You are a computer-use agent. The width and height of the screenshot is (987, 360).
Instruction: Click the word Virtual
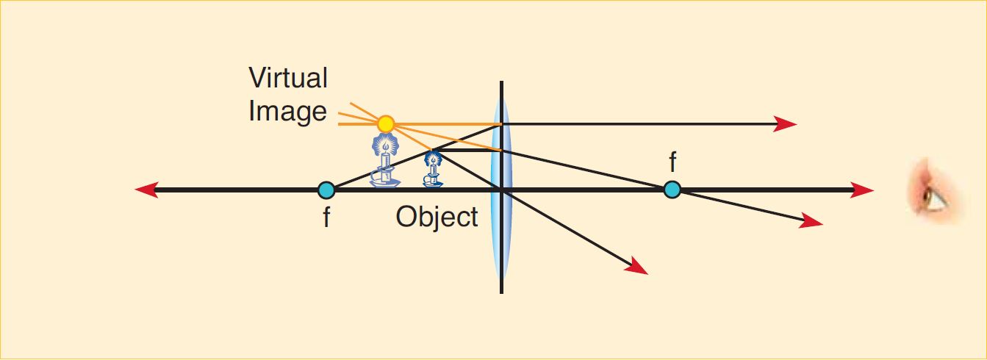(288, 78)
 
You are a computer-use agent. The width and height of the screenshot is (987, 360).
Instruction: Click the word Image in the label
(287, 112)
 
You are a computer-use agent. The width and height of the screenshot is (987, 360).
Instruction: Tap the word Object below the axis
(437, 217)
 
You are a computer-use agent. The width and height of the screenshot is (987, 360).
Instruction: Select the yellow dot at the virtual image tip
(385, 123)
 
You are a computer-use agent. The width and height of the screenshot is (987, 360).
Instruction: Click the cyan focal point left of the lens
(326, 190)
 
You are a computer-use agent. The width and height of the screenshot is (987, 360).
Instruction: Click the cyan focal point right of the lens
(671, 190)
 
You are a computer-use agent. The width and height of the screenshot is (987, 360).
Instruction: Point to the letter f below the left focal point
(326, 217)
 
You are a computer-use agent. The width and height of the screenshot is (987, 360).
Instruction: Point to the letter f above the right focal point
(672, 162)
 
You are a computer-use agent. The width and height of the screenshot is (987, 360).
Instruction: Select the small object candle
(433, 169)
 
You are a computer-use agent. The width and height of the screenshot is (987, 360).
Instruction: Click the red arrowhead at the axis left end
(146, 190)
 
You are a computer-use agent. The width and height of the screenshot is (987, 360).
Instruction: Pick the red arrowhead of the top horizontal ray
(786, 124)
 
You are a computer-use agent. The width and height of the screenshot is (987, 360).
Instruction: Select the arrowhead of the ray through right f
(812, 220)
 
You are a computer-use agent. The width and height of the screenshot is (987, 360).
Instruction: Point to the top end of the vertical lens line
(501, 82)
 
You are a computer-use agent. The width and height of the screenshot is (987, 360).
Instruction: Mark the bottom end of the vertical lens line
(501, 292)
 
